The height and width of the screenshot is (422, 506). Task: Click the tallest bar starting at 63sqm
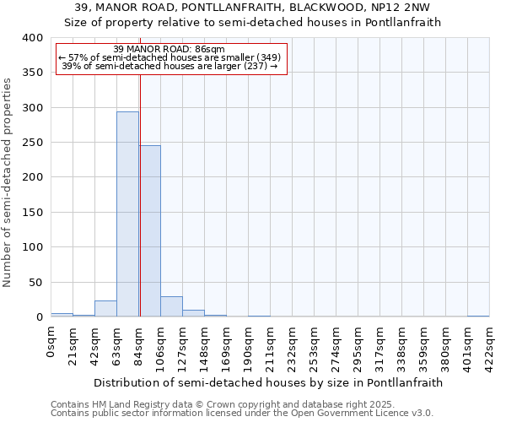click(127, 214)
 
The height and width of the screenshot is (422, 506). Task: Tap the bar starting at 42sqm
click(105, 309)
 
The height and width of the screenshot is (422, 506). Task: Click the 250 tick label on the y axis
click(32, 143)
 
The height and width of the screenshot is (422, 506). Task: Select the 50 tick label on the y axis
click(35, 283)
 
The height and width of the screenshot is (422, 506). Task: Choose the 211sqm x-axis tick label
click(272, 346)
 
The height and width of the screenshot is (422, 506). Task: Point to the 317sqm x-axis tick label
click(381, 346)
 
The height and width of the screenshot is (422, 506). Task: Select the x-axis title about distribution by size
click(268, 382)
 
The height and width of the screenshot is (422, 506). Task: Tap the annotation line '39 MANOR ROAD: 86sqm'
click(169, 50)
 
